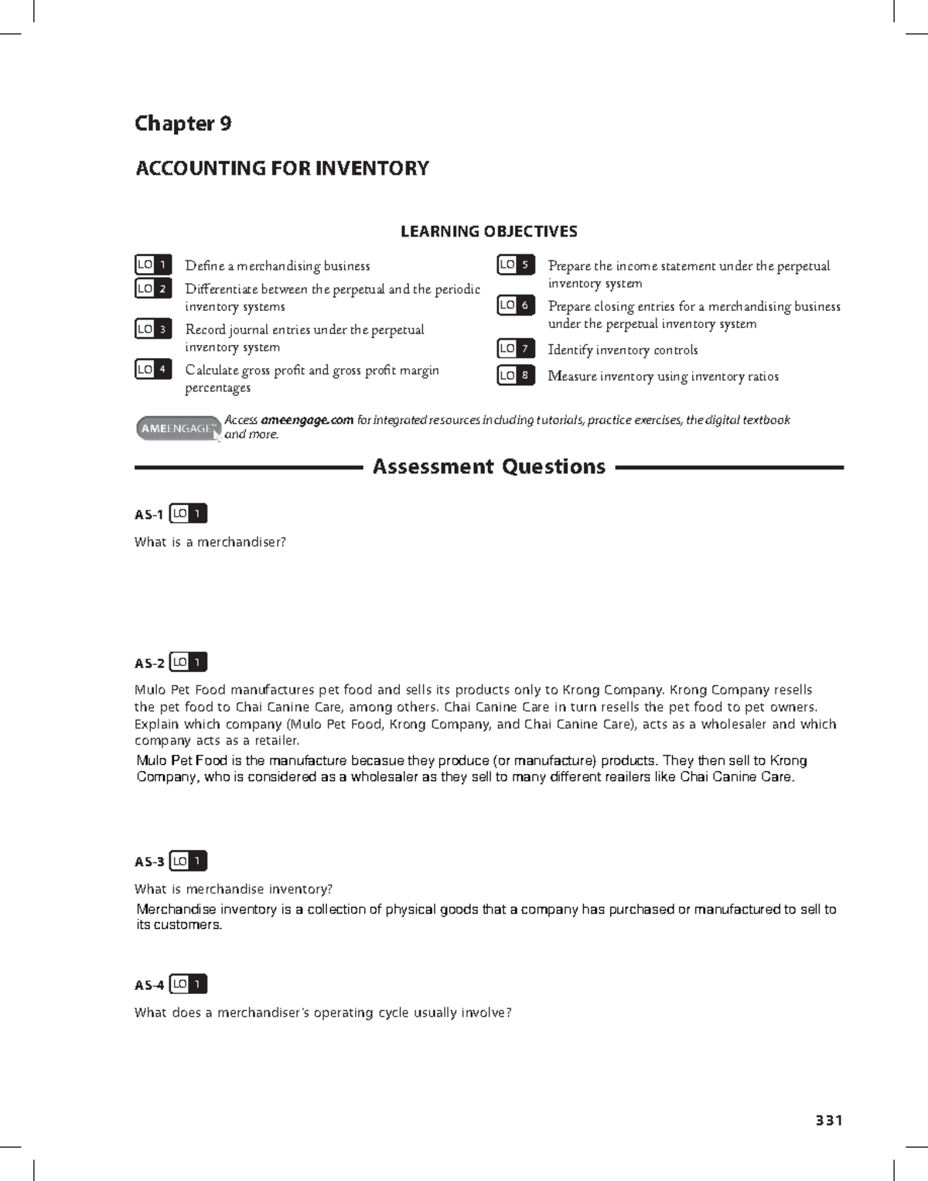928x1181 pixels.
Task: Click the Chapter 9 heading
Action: (x=183, y=124)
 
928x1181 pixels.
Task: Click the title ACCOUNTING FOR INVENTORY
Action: (x=282, y=169)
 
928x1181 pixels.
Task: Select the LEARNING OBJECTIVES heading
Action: (x=488, y=231)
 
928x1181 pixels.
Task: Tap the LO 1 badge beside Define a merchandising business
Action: (x=153, y=265)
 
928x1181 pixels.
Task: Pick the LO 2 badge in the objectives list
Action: (x=153, y=288)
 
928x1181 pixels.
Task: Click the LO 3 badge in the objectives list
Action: (x=153, y=329)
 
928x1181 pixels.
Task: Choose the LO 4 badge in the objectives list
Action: (x=153, y=370)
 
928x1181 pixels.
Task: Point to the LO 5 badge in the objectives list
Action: (x=516, y=265)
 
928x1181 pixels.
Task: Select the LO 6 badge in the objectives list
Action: (x=516, y=305)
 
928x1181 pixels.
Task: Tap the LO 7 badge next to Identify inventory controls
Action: (x=516, y=349)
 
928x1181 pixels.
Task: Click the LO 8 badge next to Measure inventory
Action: (x=516, y=376)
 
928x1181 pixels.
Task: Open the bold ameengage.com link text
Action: (x=307, y=420)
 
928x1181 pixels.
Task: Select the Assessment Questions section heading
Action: (x=489, y=467)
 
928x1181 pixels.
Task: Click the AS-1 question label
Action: (x=148, y=514)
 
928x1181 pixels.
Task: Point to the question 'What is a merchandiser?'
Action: (x=210, y=542)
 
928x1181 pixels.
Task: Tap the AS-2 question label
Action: (x=149, y=663)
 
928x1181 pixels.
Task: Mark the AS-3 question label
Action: (x=149, y=862)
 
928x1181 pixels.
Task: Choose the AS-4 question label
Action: (x=149, y=985)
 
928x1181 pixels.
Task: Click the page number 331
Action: (x=828, y=1121)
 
